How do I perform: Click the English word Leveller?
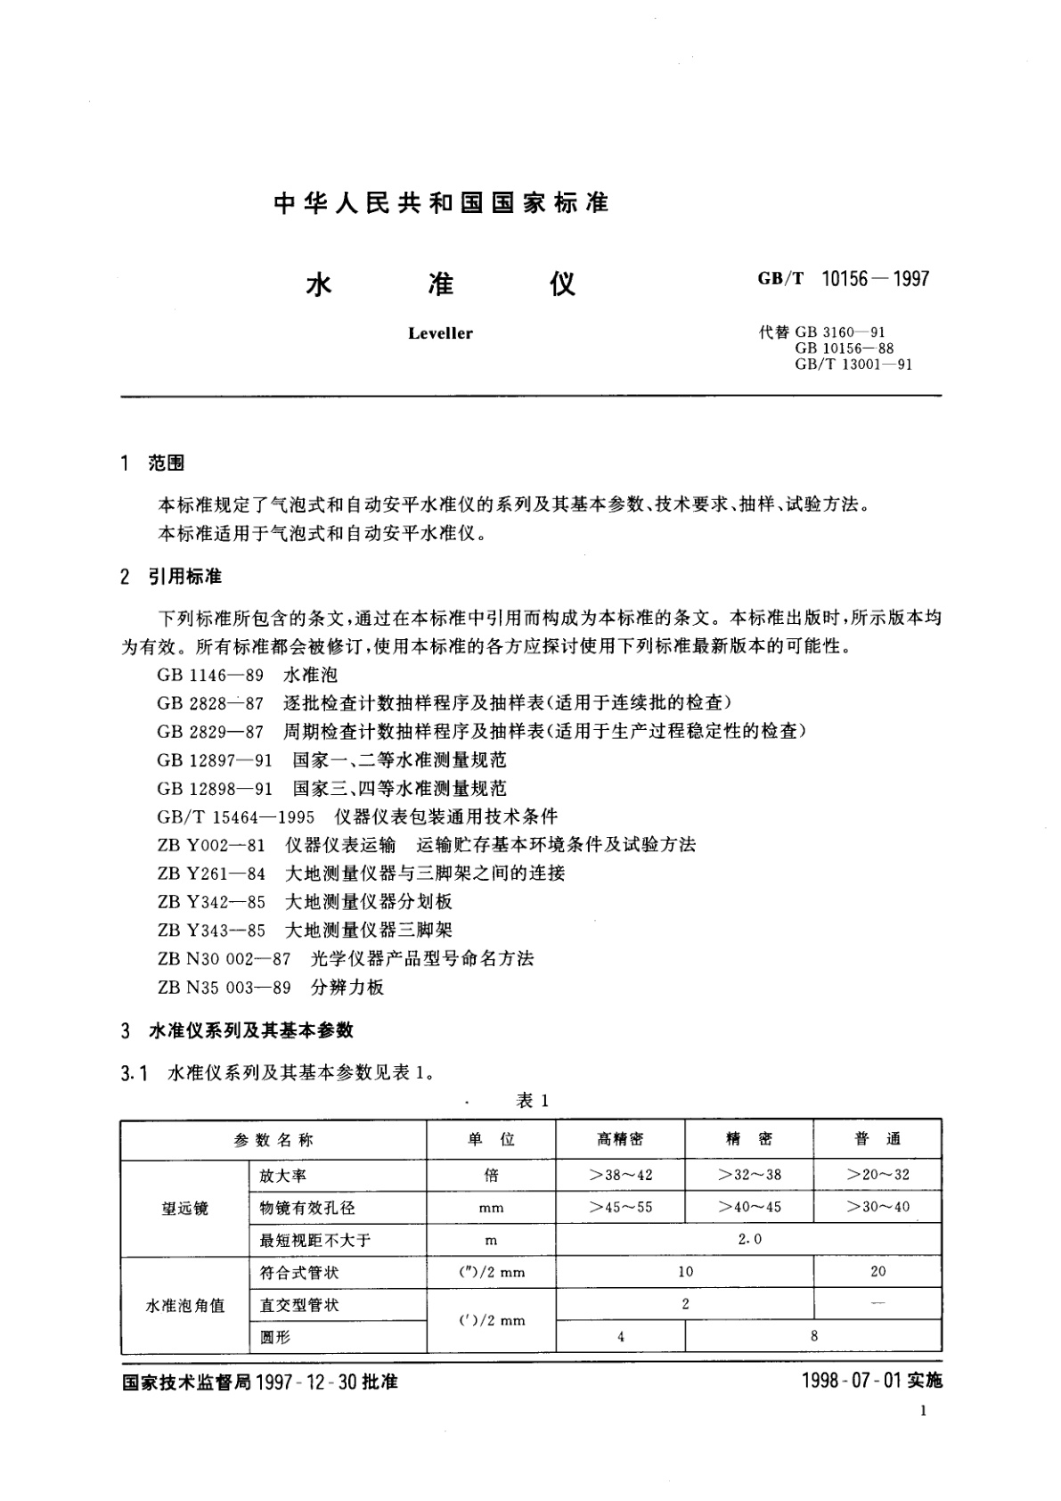tap(440, 333)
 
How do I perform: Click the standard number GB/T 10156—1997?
tap(843, 279)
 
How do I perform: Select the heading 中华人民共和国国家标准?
tap(441, 203)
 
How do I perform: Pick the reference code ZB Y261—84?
tap(211, 873)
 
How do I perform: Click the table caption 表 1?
tap(533, 1101)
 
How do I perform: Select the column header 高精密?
tap(620, 1139)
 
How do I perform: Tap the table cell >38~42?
tap(620, 1175)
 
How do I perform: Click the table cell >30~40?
tap(877, 1207)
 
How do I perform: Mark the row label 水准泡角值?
tap(184, 1306)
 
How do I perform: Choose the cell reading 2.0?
tap(748, 1239)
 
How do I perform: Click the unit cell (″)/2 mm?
tap(491, 1272)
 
